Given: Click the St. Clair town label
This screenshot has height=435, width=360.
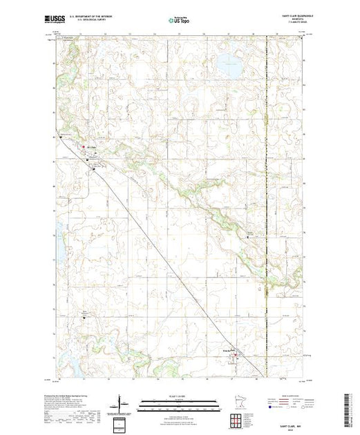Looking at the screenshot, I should [x=91, y=146].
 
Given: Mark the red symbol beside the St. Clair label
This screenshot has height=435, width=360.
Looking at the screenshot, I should [x=84, y=146].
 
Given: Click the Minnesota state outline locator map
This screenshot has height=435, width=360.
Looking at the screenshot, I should [x=238, y=401].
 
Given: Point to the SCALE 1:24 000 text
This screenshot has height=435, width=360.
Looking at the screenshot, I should [x=178, y=395].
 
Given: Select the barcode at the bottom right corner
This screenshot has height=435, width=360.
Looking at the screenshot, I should [x=349, y=408].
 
